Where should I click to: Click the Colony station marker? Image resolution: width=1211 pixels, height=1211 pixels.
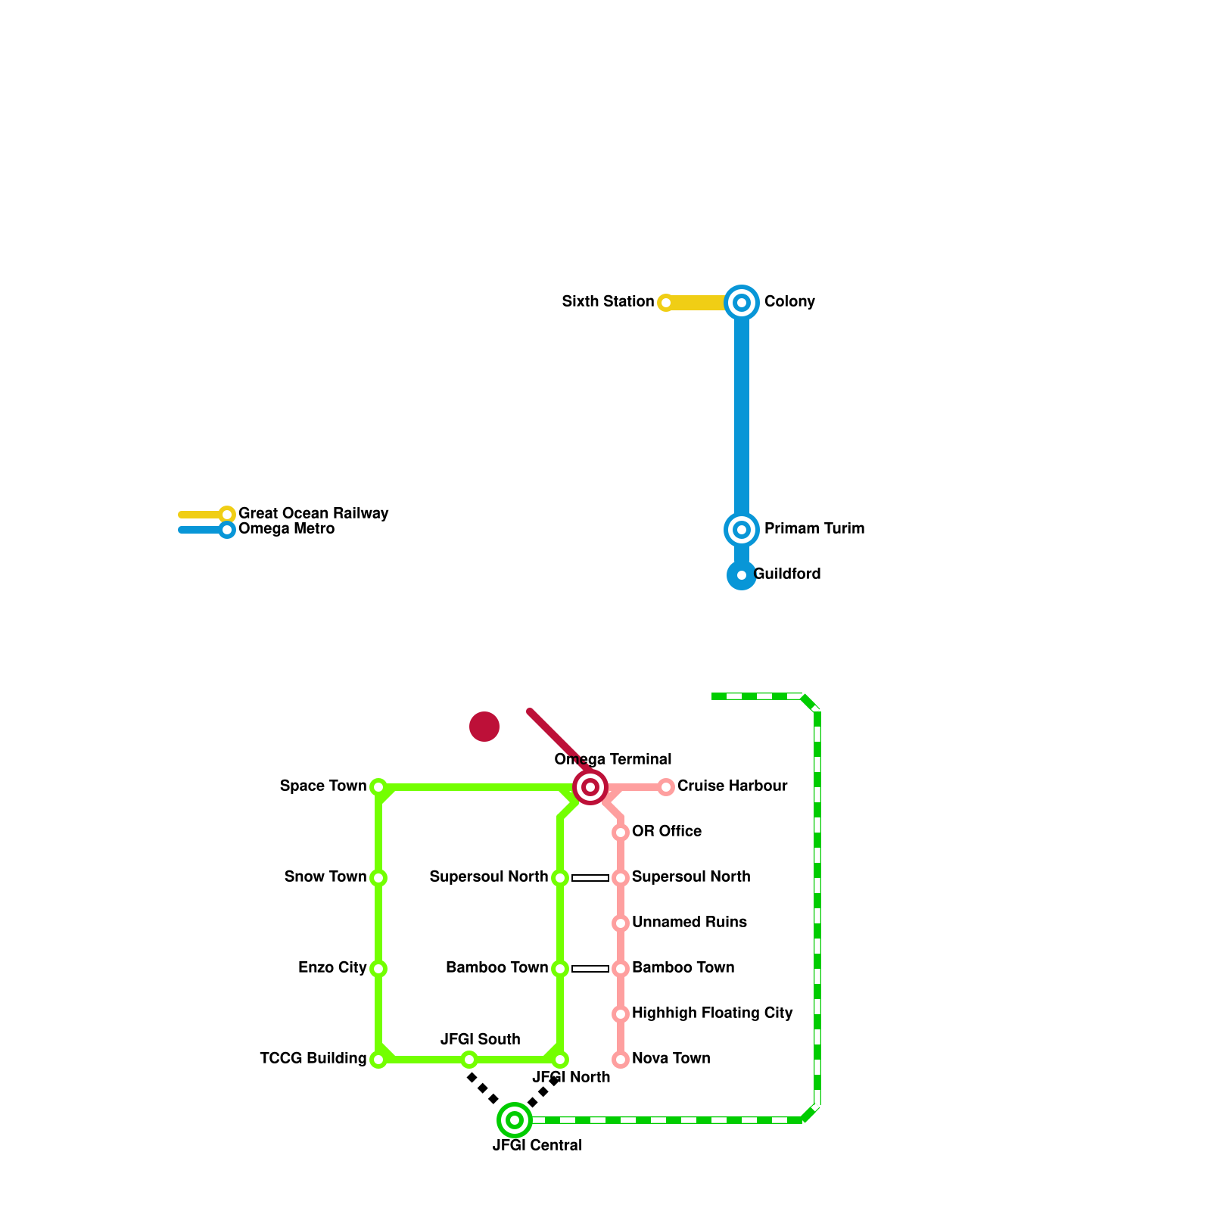point(742,303)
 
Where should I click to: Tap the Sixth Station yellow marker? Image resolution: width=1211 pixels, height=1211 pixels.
point(665,303)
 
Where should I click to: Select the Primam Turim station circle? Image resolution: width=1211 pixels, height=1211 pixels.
point(742,530)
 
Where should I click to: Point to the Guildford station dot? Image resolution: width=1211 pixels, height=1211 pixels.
point(742,575)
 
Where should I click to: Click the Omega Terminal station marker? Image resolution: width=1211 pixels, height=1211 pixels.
point(590,787)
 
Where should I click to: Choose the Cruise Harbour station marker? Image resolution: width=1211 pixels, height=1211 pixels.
point(666,787)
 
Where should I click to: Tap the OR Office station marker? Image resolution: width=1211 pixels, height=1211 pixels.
point(621,833)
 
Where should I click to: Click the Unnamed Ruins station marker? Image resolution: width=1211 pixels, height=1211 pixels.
point(621,923)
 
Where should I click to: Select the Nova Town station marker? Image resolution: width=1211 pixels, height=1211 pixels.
point(621,1060)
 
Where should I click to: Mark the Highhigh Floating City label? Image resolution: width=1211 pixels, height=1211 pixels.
point(712,1013)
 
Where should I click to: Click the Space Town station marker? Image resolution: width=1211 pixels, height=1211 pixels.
point(378,787)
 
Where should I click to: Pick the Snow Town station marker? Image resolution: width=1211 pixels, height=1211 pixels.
point(378,878)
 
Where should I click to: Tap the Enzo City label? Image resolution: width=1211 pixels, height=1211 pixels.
point(332,968)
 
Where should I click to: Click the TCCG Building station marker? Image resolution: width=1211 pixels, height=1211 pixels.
point(378,1060)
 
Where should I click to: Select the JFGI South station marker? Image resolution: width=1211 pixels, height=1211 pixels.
point(469,1060)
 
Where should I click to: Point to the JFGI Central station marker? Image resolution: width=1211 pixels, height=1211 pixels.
point(515,1120)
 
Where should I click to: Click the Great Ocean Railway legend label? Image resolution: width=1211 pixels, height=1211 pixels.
point(313,514)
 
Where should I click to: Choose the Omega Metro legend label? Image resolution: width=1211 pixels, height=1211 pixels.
point(286,529)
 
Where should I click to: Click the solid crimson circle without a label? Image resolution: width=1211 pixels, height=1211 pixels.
point(484,727)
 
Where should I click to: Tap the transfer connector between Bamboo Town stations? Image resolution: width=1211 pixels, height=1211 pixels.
point(590,969)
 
